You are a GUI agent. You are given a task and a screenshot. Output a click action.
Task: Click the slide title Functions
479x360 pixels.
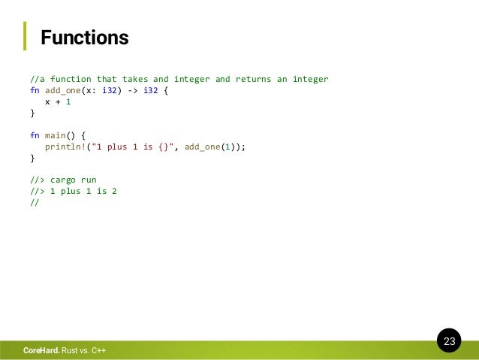(84, 37)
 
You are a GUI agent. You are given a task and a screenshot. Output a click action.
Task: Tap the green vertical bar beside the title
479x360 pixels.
(25, 36)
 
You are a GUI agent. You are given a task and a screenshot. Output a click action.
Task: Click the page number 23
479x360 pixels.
(449, 342)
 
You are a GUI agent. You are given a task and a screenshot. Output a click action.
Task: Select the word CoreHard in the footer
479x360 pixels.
(41, 351)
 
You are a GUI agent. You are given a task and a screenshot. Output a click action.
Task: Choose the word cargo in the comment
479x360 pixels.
(63, 180)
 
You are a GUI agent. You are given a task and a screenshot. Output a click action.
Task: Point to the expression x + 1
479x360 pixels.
(58, 101)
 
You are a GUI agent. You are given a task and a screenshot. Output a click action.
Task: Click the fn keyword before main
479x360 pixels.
(35, 135)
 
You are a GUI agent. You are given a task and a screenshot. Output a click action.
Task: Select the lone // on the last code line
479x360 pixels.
(35, 203)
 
